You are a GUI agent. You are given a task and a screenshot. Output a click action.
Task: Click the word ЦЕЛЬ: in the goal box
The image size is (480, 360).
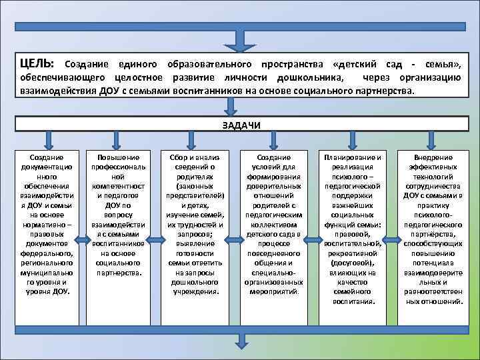coord(39,64)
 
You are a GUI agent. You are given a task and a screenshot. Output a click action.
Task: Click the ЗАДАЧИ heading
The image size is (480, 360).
coord(239,125)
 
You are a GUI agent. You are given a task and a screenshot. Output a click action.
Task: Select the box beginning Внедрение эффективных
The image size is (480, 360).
coord(433,227)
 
